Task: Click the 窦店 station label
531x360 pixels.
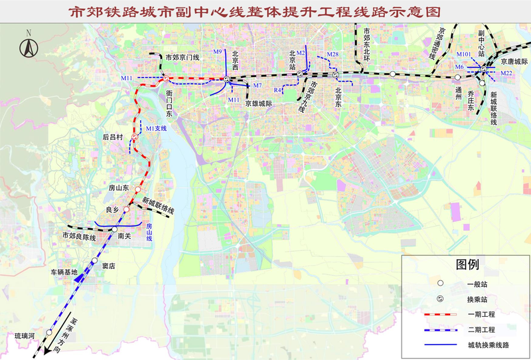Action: tap(109, 266)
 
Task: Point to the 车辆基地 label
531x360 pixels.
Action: tap(64, 272)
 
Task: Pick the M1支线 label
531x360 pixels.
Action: tap(157, 128)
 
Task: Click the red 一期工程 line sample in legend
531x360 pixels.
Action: tap(433, 314)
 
